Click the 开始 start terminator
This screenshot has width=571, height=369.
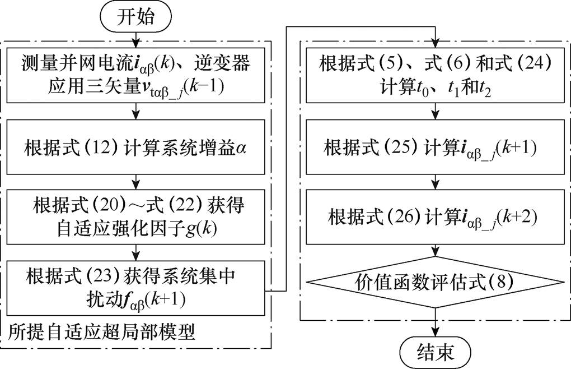(x=134, y=17)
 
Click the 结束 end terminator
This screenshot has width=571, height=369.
(x=435, y=352)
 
